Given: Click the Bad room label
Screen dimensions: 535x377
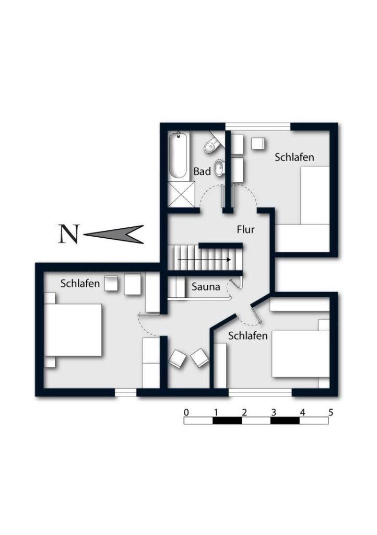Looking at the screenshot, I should click(202, 171).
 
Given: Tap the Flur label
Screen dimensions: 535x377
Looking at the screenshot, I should click(245, 229).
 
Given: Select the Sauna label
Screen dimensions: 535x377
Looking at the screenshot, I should click(206, 286).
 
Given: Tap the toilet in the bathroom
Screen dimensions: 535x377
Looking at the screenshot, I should click(211, 145).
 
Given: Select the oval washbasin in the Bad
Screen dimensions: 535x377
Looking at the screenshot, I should click(219, 167).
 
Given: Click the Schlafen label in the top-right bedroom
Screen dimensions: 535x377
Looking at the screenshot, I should click(294, 157).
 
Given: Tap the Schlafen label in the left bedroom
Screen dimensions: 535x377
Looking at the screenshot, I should click(80, 284).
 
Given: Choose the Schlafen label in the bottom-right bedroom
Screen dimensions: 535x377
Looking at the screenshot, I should click(248, 335).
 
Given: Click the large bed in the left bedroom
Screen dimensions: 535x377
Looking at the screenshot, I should click(73, 330).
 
